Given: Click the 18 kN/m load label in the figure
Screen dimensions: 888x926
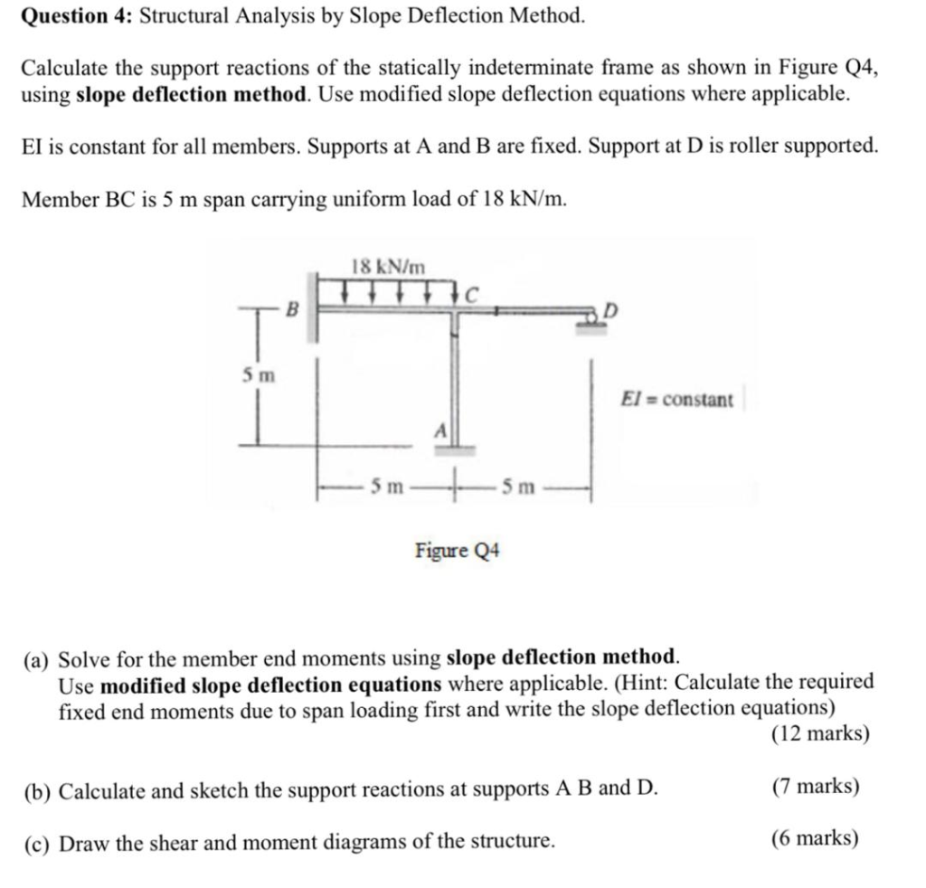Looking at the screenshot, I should tap(387, 266).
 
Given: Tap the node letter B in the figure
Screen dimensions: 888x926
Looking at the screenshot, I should tap(291, 308).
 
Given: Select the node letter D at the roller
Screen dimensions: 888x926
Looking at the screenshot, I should tap(611, 311).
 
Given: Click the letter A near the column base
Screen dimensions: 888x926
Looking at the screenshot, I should tap(440, 430).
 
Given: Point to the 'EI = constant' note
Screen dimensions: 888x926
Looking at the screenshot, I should tap(676, 399).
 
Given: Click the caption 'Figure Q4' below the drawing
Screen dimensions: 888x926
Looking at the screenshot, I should tap(458, 550).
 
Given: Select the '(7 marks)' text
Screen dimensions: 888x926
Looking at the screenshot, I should tap(815, 787).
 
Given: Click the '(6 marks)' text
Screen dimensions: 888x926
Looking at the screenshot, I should tap(815, 839).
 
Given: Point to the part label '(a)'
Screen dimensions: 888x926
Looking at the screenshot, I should tap(38, 657).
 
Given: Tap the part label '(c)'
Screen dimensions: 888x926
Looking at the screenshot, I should tap(38, 843).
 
